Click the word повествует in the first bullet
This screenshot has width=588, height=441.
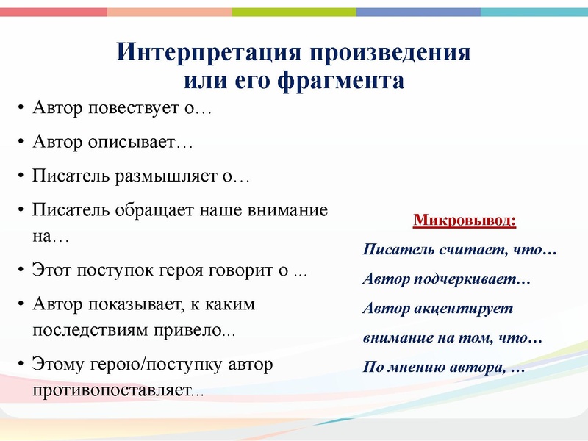tap(135, 109)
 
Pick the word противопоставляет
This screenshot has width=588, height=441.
tap(111, 390)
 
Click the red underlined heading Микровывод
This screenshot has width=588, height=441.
tap(465, 220)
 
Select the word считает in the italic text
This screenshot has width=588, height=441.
tap(470, 251)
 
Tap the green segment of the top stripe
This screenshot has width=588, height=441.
tap(294, 12)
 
